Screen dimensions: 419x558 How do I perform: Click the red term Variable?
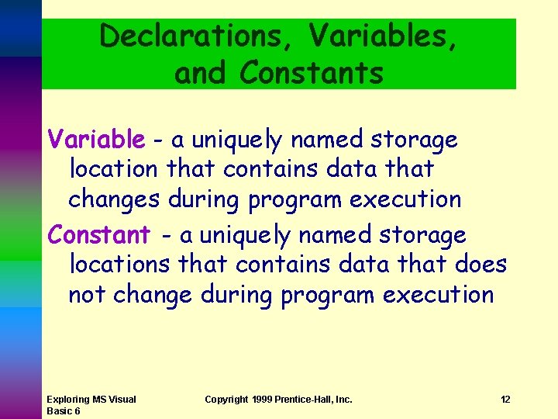pos(96,140)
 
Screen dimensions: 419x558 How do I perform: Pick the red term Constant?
pos(99,234)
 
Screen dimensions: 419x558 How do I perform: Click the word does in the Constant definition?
pos(480,265)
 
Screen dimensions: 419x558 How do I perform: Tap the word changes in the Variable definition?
pos(114,199)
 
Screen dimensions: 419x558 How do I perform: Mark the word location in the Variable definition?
pos(114,168)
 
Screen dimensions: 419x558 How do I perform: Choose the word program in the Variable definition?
pos(295,199)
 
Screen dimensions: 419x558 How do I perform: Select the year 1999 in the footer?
pos(264,400)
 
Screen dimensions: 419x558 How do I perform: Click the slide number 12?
pos(505,400)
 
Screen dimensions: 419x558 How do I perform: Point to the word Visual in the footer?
pos(122,400)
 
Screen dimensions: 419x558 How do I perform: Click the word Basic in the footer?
pos(59,410)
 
